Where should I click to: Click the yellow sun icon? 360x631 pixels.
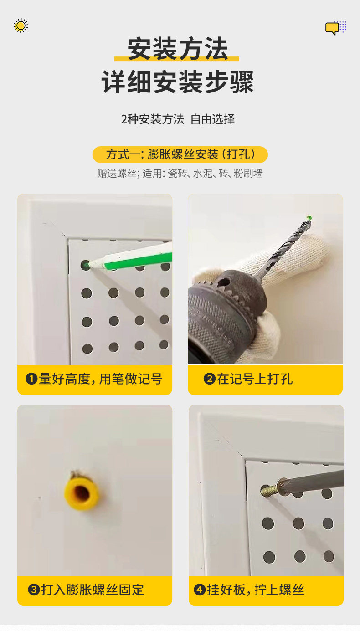point(21,26)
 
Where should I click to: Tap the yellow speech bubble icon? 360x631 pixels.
point(332,28)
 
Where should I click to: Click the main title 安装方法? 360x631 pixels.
point(177,49)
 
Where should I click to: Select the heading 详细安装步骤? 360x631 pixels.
point(177,82)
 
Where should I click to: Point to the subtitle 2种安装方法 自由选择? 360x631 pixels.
point(178,119)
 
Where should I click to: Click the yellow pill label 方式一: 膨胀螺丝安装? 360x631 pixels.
point(180,154)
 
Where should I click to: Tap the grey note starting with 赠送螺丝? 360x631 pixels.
point(180,174)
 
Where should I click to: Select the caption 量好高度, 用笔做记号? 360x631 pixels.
point(101,379)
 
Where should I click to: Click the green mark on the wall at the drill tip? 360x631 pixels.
point(309,218)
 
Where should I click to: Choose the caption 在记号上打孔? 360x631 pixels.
point(255,379)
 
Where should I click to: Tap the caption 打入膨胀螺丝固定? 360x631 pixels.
point(93,590)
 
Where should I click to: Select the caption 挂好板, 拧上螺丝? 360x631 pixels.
point(256,590)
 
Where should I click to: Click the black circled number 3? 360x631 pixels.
point(34,590)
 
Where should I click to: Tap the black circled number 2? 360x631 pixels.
point(209,379)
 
